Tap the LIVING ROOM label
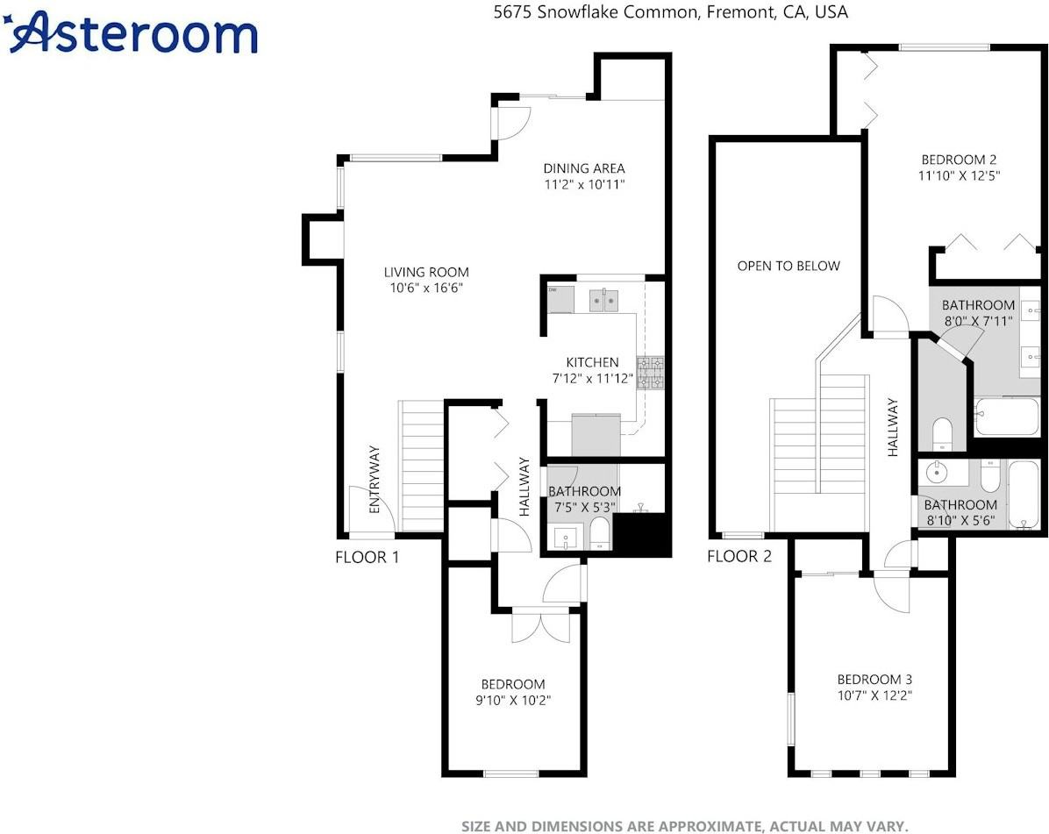click(x=426, y=272)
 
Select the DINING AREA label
click(x=583, y=168)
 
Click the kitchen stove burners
click(x=650, y=374)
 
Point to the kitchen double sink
click(x=604, y=301)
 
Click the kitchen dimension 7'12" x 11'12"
click(x=592, y=379)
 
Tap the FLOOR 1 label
click(x=368, y=557)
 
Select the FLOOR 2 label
click(x=739, y=557)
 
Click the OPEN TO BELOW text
click(x=789, y=267)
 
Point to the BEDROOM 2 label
click(x=959, y=160)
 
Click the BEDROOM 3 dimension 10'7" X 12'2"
click(x=874, y=695)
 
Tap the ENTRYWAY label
click(x=374, y=480)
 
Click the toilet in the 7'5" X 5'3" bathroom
click(x=600, y=534)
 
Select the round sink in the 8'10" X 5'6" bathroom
click(x=937, y=473)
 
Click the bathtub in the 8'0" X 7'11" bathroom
click(x=1006, y=417)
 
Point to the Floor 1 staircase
click(x=422, y=467)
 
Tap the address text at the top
click(x=670, y=12)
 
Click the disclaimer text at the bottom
click(x=684, y=827)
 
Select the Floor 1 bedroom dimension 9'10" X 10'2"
click(x=513, y=700)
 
